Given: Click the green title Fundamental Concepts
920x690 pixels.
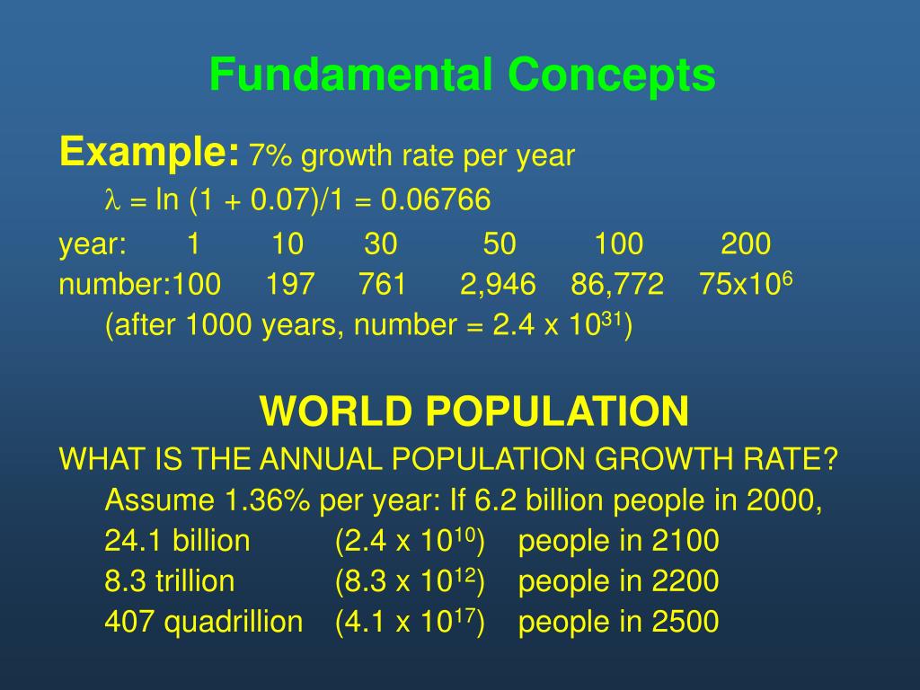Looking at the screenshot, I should point(462,75).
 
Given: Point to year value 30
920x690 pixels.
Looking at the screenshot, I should point(381,243).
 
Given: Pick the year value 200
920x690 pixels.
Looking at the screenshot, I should point(745,243).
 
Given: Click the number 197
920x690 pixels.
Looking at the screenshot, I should point(290,286).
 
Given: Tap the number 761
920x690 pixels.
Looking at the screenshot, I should point(382,286).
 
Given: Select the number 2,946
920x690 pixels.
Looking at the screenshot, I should point(498,286).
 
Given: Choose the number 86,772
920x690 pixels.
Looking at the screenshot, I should point(617,286).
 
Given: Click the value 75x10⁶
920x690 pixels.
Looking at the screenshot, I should point(745,284).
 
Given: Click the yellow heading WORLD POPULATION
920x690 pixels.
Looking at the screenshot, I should point(474,412).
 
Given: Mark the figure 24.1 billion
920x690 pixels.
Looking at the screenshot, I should point(177,541).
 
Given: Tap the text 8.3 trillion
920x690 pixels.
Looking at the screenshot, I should point(169,581).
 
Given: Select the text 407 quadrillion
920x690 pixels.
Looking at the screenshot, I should point(204,622).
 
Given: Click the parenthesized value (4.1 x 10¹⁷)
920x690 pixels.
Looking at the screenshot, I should point(410,622).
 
